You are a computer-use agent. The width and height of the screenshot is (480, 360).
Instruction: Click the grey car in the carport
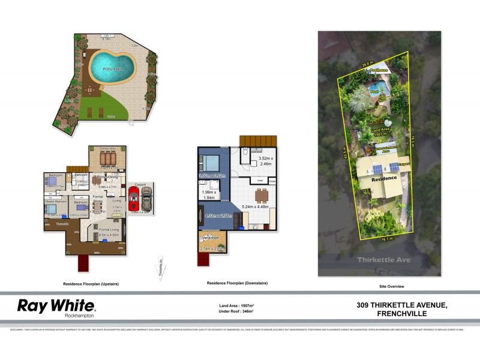(146, 197)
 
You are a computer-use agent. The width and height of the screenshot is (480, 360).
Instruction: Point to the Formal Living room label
(107, 230)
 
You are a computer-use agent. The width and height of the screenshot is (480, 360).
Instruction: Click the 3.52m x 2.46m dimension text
(265, 159)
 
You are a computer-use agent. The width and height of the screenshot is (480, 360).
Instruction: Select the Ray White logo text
(55, 306)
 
